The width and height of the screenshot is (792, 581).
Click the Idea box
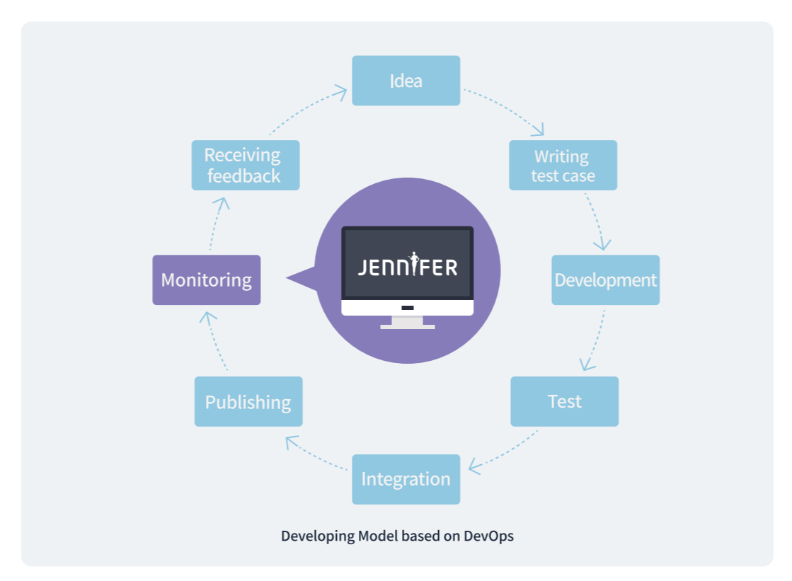(406, 81)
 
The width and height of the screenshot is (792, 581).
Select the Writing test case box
(563, 165)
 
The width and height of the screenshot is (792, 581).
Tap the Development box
(605, 280)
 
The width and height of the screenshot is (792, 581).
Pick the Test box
(564, 401)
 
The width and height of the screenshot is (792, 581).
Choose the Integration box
(406, 479)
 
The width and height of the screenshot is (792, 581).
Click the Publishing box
(248, 401)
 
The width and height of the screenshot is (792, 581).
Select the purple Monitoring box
(206, 280)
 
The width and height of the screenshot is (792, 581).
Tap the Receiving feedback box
(245, 165)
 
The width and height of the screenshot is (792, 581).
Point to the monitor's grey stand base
(407, 326)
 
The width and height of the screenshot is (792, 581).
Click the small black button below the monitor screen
(407, 308)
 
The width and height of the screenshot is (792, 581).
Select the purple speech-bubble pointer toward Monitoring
(301, 279)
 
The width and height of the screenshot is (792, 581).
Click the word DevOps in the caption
(488, 536)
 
